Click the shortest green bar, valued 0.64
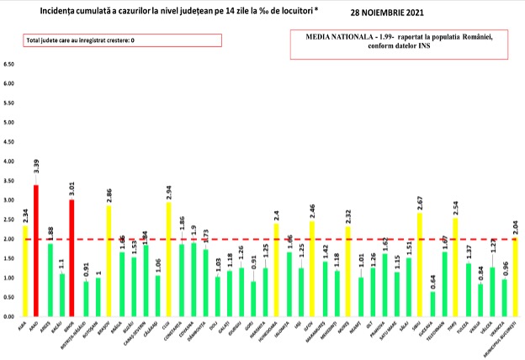(x=432, y=304)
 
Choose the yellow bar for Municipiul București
(x=516, y=277)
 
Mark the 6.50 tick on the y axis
(x=11, y=65)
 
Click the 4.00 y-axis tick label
(x=11, y=161)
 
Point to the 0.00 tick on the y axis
(x=11, y=316)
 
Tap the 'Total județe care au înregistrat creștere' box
(x=122, y=40)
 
